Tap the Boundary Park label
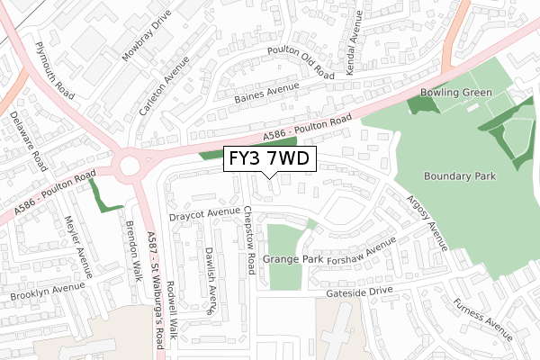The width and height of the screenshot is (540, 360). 459,177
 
